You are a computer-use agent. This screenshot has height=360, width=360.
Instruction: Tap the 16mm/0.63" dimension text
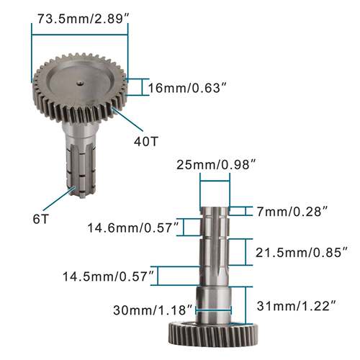point(187,88)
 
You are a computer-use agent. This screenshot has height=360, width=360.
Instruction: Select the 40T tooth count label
point(145,141)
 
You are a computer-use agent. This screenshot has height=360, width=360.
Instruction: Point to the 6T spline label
point(41,219)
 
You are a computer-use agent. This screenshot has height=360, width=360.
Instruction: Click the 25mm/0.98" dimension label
point(215,165)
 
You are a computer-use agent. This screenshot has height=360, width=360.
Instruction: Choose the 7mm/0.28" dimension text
point(292,212)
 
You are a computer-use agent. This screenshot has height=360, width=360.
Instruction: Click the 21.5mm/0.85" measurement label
point(302,253)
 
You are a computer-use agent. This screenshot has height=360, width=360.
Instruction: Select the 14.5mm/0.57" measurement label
point(108,276)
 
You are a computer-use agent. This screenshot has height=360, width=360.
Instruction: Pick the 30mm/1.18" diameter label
point(153,310)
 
